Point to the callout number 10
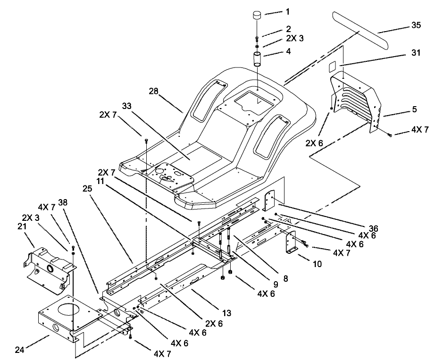coord(318,264)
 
